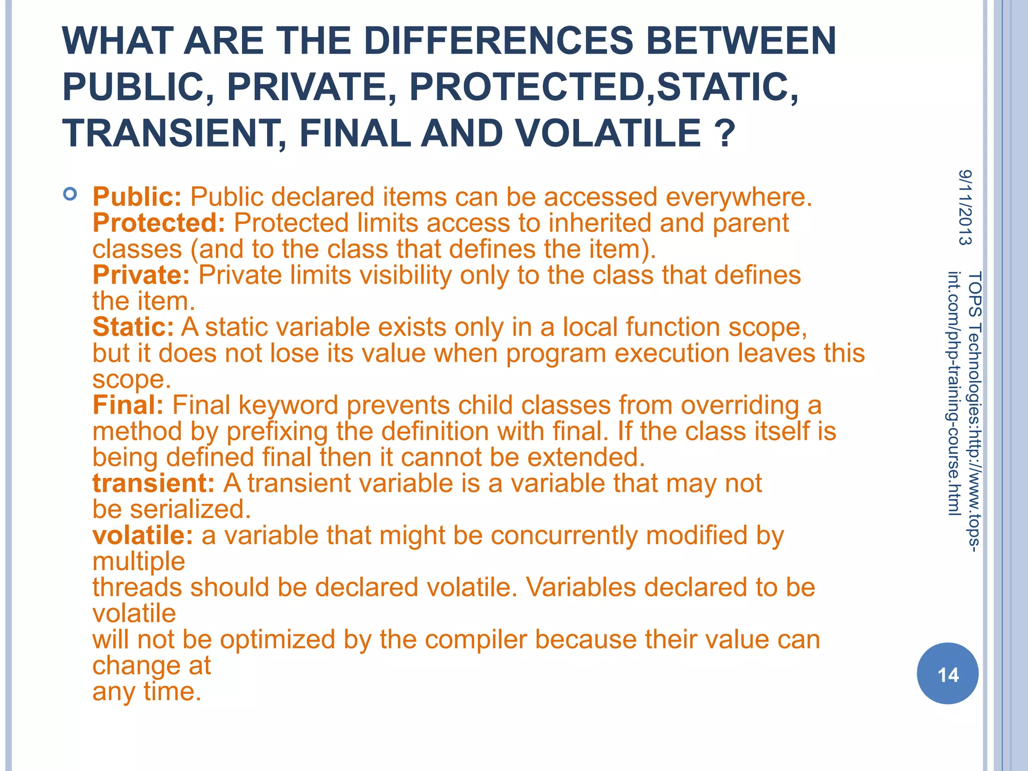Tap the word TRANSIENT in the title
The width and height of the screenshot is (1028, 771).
click(x=171, y=134)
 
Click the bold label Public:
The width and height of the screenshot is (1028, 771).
click(x=137, y=197)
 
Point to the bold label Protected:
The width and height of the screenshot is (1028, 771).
click(x=159, y=223)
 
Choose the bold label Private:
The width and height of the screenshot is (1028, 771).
click(x=141, y=275)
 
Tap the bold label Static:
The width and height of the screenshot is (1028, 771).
click(x=133, y=327)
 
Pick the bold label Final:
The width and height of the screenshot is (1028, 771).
click(x=128, y=405)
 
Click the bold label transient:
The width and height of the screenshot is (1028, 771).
click(x=154, y=483)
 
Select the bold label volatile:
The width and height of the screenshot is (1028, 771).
click(x=143, y=536)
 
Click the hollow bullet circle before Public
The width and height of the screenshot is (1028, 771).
click(x=70, y=194)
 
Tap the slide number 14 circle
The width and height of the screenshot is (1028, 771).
click(x=947, y=674)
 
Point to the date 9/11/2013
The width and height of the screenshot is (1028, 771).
click(x=965, y=207)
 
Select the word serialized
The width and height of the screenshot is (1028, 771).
click(x=190, y=509)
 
